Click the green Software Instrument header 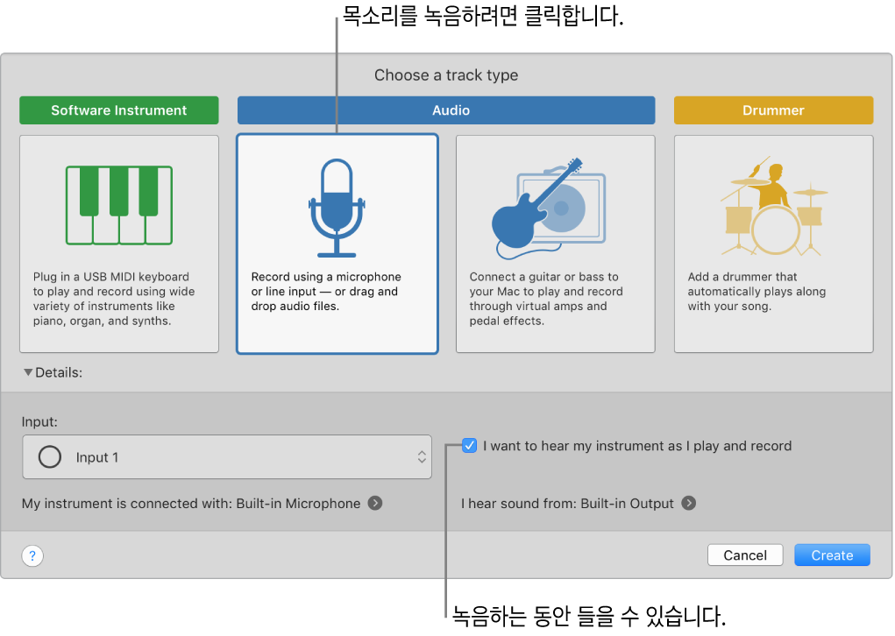(x=119, y=110)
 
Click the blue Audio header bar (x=446, y=110)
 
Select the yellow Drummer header (x=773, y=110)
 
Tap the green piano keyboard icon (x=119, y=205)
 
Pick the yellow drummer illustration (x=773, y=208)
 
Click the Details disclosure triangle (x=29, y=372)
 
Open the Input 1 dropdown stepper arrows (x=422, y=457)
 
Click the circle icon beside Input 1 (x=50, y=457)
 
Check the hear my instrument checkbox (x=470, y=446)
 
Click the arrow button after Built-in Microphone (x=375, y=504)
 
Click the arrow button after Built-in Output (x=689, y=504)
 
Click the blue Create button (x=832, y=555)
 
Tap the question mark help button (x=32, y=555)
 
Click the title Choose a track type (x=446, y=75)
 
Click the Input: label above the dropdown (x=40, y=421)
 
